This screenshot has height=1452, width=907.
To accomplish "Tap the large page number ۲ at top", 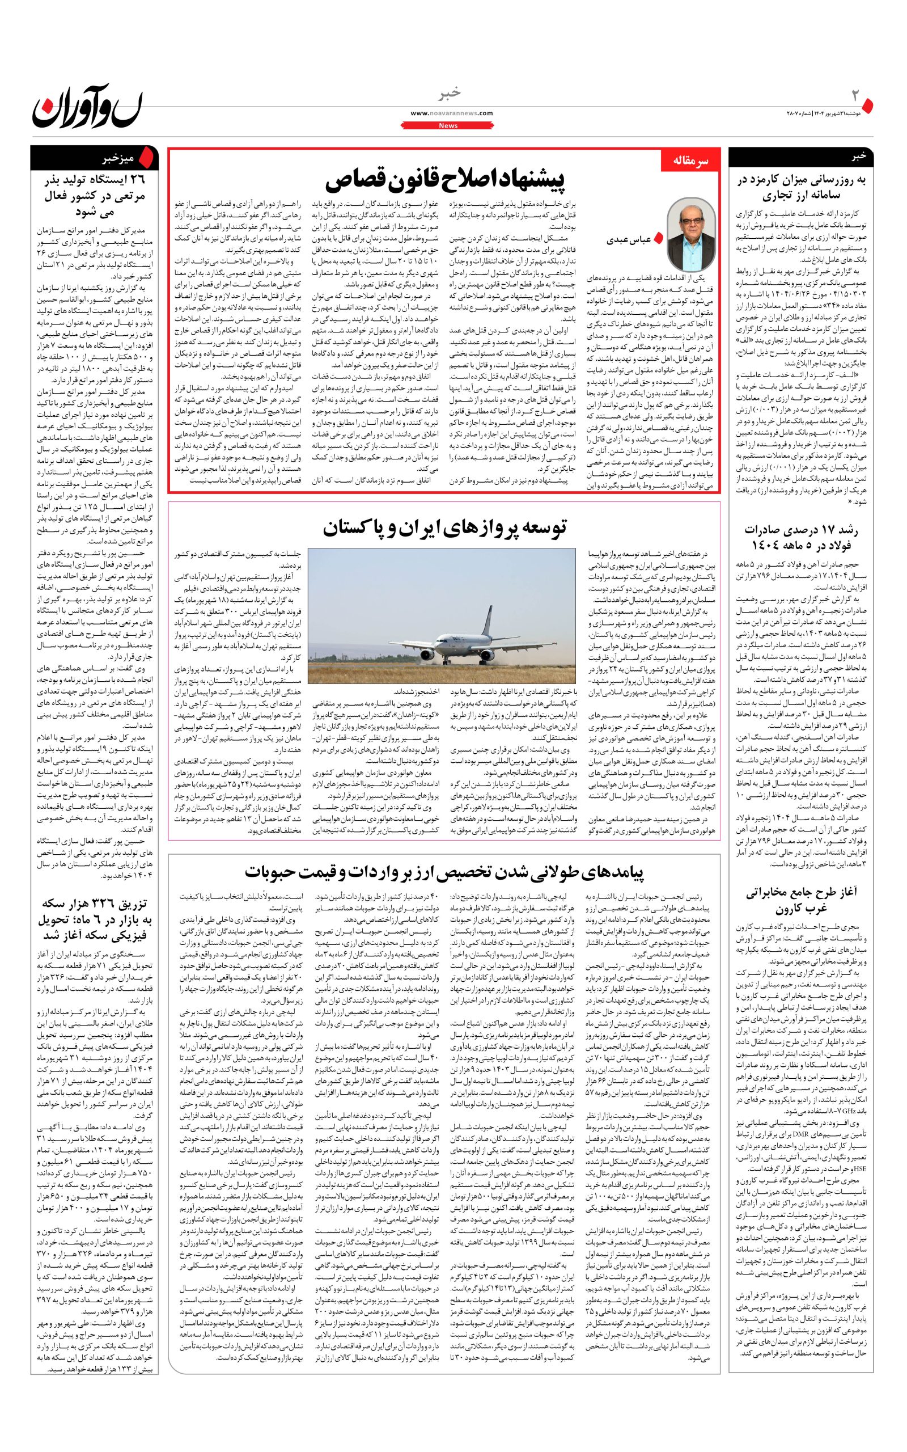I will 856,96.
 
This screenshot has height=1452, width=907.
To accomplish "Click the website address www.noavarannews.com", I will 452,113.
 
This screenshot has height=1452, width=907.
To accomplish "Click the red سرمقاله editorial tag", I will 689,162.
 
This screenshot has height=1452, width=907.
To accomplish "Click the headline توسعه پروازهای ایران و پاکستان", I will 444,527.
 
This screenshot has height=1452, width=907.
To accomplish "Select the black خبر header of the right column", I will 858,157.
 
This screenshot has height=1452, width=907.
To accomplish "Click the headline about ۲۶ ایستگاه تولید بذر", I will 93,195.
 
